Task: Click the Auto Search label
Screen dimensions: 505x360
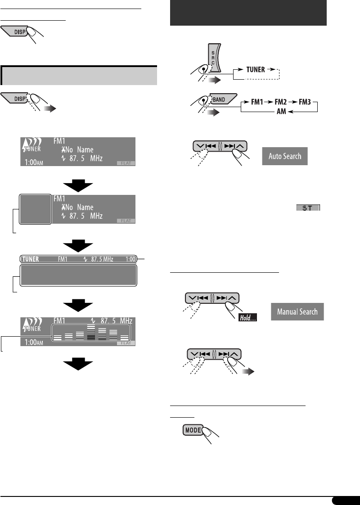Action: [x=285, y=157]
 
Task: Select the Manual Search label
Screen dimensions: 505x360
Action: [x=297, y=311]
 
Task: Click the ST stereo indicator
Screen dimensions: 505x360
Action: [x=308, y=209]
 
